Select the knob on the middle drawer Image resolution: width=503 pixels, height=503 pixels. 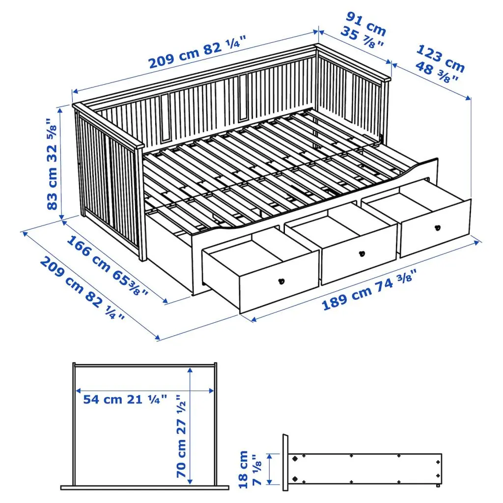pos(363,253)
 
